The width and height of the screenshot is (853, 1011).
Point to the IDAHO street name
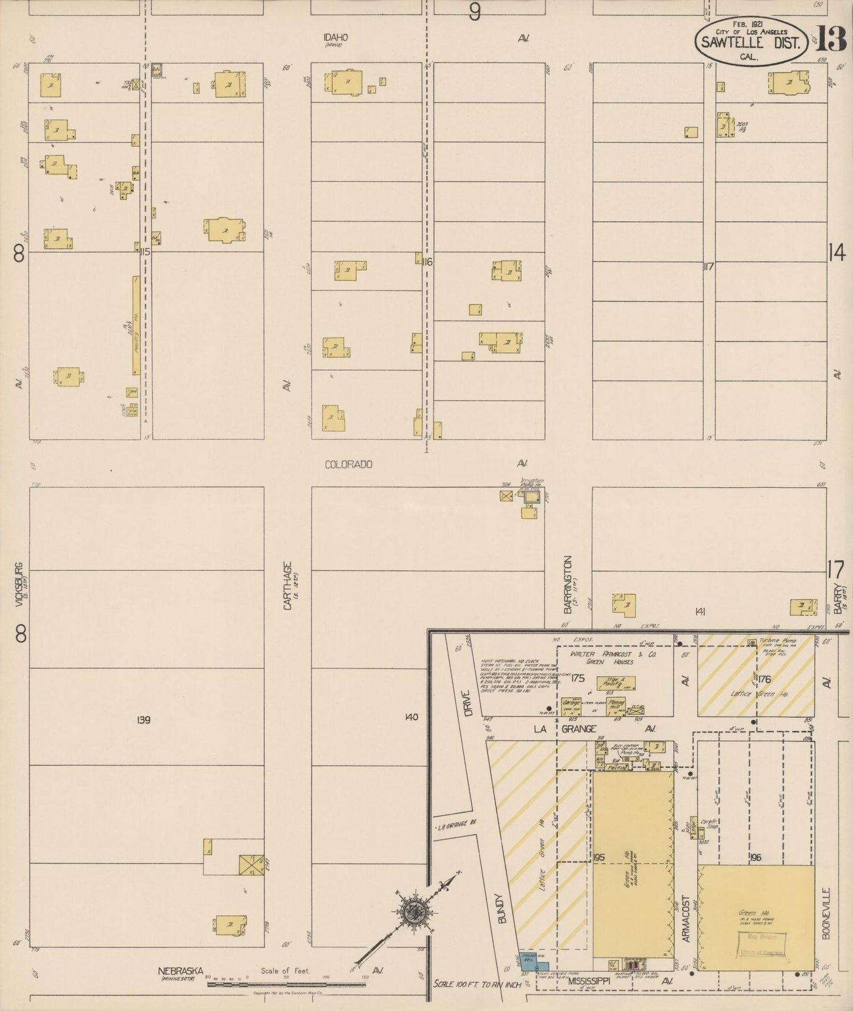(335, 37)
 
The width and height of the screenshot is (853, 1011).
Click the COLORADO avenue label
(348, 464)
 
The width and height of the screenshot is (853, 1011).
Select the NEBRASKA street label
(180, 970)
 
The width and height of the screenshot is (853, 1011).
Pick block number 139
(144, 720)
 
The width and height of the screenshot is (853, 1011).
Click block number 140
(411, 717)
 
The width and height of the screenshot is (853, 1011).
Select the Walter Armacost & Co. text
(613, 655)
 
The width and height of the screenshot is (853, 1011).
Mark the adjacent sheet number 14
(836, 253)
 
